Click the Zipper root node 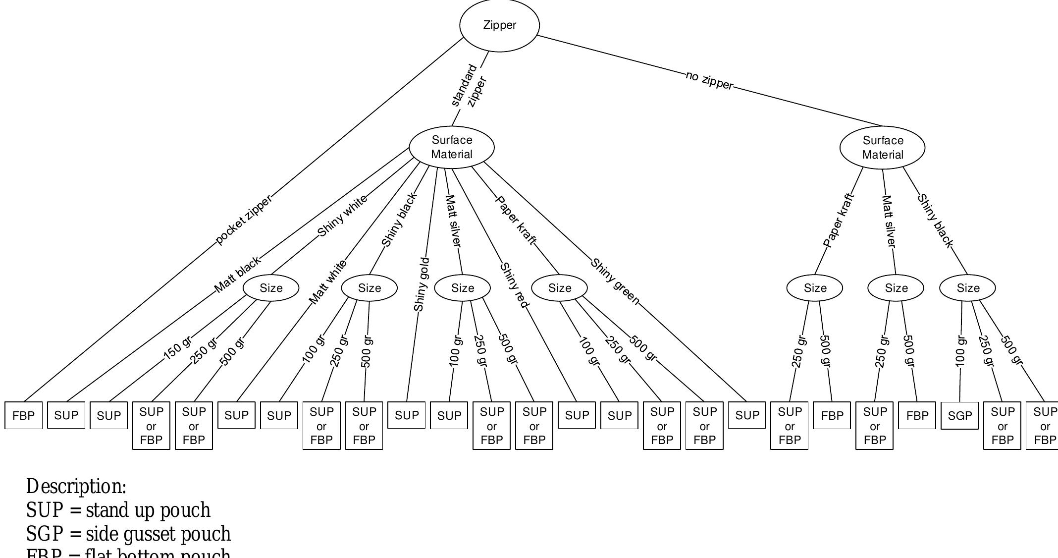499,25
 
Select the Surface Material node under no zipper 882,148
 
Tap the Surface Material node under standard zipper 451,147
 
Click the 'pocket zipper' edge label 244,220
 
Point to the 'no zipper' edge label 709,81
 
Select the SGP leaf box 959,416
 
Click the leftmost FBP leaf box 23,416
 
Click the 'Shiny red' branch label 515,285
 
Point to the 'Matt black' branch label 237,275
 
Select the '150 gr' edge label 177,347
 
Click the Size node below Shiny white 271,288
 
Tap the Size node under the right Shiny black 967,288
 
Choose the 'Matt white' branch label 327,282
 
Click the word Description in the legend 76,486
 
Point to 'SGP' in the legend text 45,534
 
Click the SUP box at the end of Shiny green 747,415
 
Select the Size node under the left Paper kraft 559,288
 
